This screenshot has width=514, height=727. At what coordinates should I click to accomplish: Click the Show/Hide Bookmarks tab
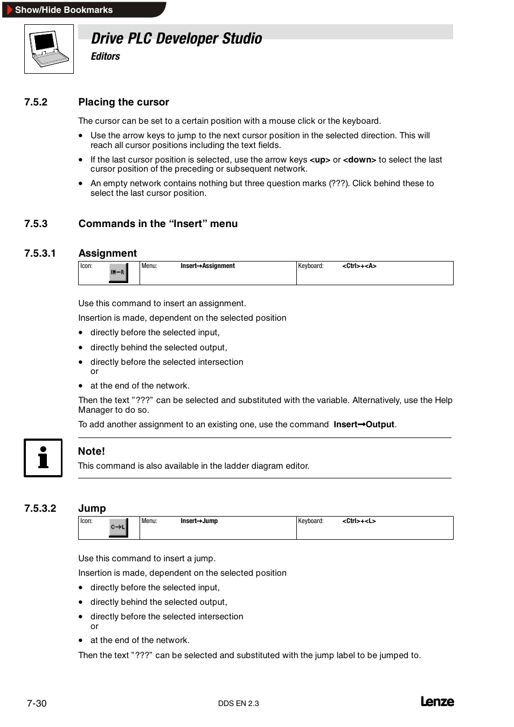[x=64, y=10]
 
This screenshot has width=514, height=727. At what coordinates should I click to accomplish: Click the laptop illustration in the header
[x=48, y=49]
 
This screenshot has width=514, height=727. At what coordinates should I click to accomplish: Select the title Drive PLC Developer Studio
[x=176, y=39]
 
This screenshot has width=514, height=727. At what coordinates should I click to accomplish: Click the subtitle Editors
[x=105, y=57]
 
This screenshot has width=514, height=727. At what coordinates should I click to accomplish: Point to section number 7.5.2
[x=36, y=102]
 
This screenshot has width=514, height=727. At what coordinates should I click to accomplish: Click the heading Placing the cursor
[x=123, y=102]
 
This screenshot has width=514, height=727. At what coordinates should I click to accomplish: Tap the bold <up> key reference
[x=319, y=160]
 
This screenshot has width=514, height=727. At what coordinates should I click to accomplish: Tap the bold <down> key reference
[x=359, y=160]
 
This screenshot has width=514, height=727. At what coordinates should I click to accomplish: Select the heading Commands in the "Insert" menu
[x=158, y=224]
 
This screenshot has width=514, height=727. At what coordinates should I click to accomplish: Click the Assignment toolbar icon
[x=119, y=272]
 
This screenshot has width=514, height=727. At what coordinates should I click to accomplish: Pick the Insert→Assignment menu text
[x=207, y=266]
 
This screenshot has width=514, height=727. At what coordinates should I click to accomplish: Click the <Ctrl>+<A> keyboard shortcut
[x=359, y=266]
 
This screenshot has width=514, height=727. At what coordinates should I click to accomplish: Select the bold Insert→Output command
[x=364, y=425]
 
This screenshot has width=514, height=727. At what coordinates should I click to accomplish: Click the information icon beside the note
[x=43, y=458]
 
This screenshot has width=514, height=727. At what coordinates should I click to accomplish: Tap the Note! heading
[x=92, y=451]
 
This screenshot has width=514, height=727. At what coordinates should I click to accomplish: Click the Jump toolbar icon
[x=119, y=527]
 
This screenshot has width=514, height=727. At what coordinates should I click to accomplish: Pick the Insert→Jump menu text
[x=199, y=521]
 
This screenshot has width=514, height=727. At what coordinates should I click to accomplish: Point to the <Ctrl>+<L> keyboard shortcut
[x=359, y=521]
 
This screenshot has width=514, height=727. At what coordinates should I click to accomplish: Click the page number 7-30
[x=37, y=703]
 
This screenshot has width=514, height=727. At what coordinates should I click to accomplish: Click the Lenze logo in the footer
[x=437, y=702]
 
